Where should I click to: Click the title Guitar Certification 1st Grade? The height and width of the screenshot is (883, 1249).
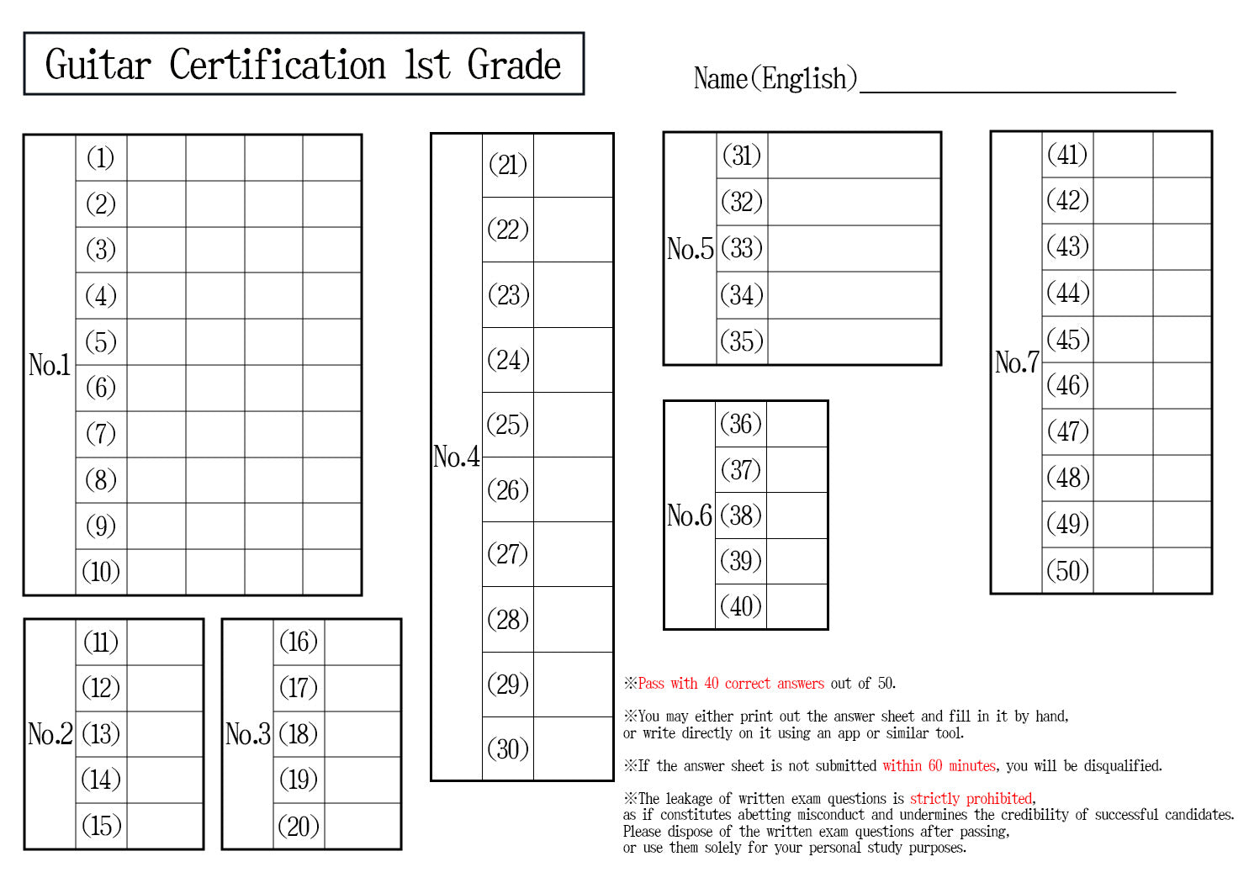[x=303, y=65]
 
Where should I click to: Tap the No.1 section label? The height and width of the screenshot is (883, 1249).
[x=50, y=365]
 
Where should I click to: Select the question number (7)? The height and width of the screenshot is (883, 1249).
[x=101, y=434]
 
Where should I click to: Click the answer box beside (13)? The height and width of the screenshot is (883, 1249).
[x=165, y=734]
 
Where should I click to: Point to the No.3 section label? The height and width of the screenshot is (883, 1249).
[x=247, y=734]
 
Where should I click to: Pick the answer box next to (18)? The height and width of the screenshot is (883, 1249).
[x=363, y=734]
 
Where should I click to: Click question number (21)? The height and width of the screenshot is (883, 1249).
[x=507, y=165]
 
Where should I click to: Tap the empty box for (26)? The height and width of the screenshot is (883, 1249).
[x=573, y=489]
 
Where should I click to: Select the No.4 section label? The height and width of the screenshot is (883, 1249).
[x=456, y=457]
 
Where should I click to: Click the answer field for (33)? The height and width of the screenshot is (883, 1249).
[x=854, y=248]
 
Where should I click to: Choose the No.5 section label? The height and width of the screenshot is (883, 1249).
[x=690, y=249]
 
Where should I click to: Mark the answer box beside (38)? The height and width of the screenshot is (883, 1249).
[x=797, y=515]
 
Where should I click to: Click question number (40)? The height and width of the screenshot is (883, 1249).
[x=740, y=606]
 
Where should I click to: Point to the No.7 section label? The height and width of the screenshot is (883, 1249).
[x=1016, y=362]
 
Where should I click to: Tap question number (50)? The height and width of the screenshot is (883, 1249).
[x=1067, y=570]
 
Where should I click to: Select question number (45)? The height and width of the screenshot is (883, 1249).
[x=1067, y=340]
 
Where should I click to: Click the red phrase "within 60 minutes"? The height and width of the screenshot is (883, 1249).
[x=939, y=766]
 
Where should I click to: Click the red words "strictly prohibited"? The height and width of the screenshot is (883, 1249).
[x=971, y=799]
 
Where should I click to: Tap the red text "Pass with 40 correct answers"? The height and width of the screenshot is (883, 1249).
[x=731, y=684]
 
